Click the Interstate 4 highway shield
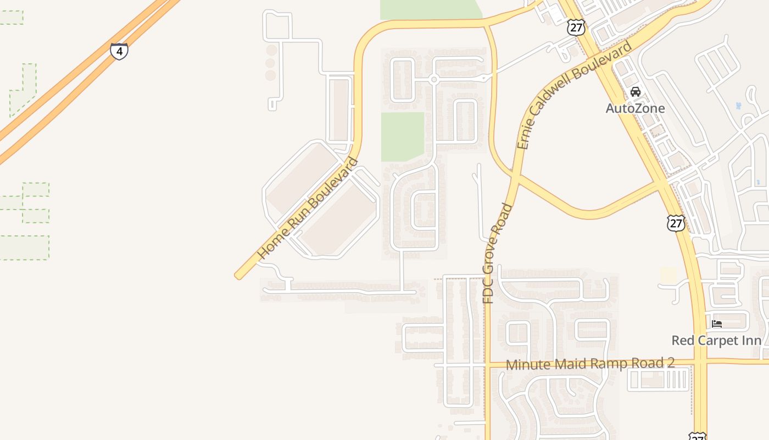click(x=119, y=51)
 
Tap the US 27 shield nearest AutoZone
click(x=576, y=28)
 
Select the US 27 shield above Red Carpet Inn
click(x=676, y=223)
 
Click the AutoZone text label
click(x=635, y=108)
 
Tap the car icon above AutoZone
click(x=636, y=92)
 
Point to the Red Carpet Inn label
click(x=716, y=340)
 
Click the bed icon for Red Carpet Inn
click(x=717, y=324)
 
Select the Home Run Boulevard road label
click(x=308, y=209)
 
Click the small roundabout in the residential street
click(x=434, y=80)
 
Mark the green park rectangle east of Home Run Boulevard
click(x=403, y=136)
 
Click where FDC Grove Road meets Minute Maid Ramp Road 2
click(x=487, y=364)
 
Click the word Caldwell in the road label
click(x=566, y=101)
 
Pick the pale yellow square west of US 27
click(x=668, y=276)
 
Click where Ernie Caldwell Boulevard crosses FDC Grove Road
click(x=517, y=175)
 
